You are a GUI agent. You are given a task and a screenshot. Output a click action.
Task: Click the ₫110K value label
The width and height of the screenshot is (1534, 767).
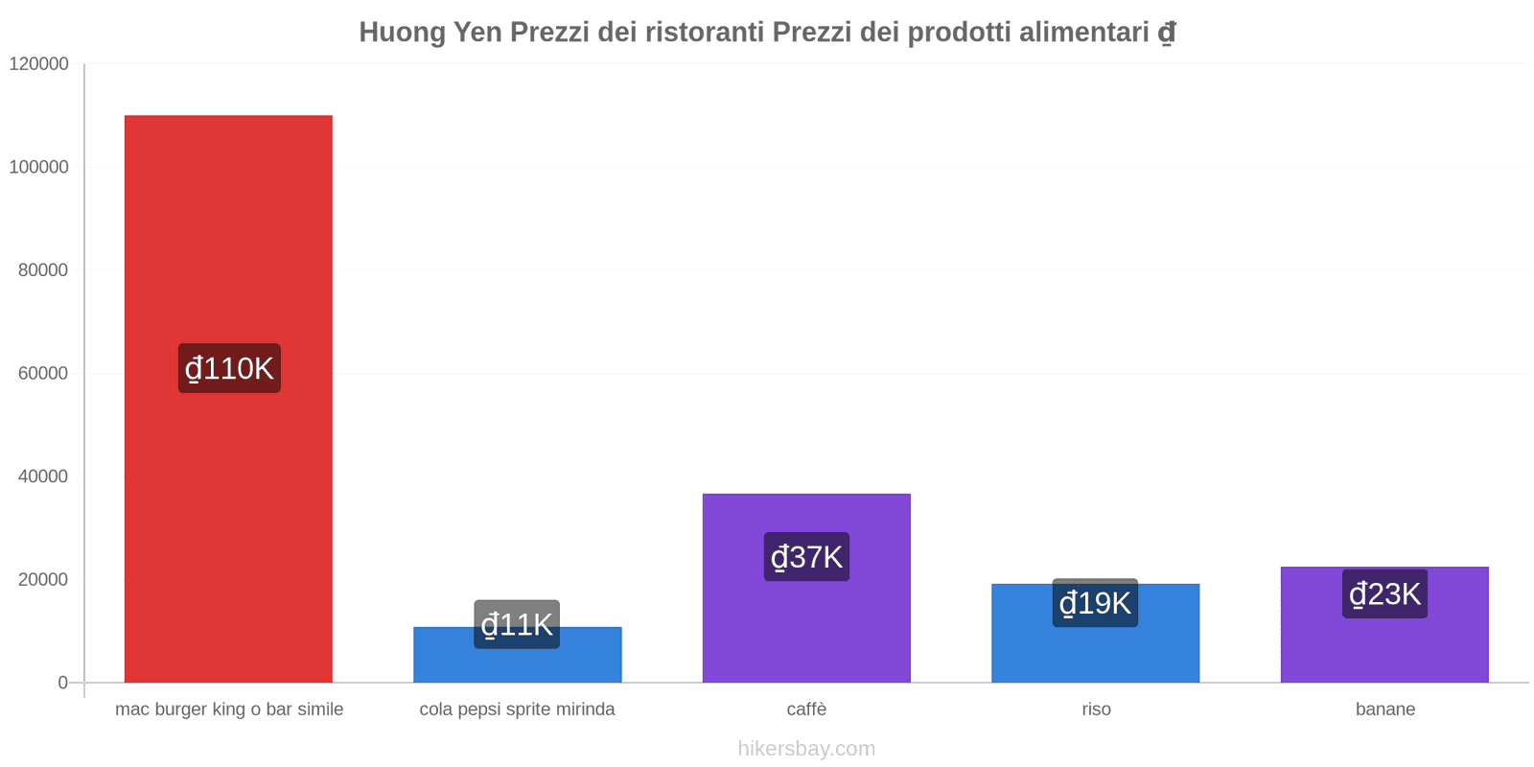click(229, 368)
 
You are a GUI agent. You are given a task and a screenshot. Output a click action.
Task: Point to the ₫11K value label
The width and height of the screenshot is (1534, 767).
click(517, 624)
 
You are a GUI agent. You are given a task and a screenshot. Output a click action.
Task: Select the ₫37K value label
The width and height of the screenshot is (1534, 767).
click(806, 556)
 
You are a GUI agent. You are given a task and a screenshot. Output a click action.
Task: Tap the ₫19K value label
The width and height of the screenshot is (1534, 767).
click(1095, 603)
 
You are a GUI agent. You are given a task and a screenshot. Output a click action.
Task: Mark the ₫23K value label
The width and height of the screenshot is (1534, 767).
click(1384, 593)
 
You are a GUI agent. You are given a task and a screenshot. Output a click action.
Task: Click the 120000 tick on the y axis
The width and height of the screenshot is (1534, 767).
click(39, 63)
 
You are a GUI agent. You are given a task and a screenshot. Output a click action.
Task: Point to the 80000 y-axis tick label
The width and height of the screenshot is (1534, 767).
click(43, 270)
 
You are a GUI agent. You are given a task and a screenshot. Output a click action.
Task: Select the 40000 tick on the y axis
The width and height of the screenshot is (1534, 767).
click(43, 476)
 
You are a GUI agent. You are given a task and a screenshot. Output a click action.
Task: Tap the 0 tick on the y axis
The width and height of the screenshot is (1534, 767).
click(62, 683)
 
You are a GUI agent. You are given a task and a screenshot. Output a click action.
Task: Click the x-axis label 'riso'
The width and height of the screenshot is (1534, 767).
click(1096, 709)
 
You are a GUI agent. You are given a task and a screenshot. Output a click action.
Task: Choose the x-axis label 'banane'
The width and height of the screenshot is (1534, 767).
click(1384, 709)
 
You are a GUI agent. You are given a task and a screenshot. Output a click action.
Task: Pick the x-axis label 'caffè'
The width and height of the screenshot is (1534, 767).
click(806, 709)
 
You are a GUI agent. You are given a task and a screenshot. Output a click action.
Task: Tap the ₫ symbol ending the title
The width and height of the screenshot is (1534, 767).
click(1166, 33)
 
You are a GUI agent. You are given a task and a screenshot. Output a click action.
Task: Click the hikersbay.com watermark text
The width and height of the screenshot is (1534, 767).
click(806, 749)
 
